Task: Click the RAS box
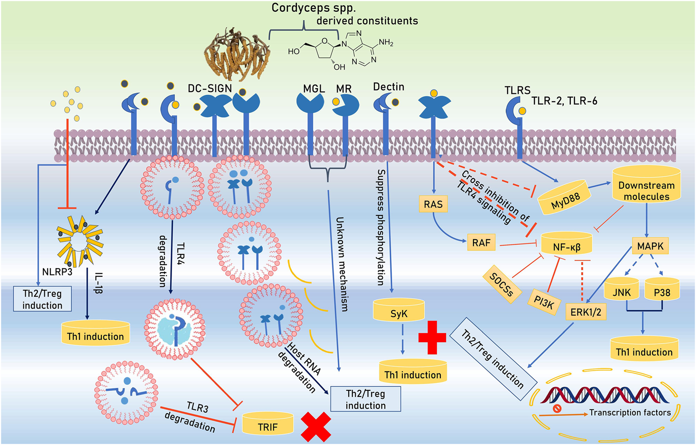tap(433, 204)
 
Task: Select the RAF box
tap(481, 242)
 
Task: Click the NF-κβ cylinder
tap(567, 245)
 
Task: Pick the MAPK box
tap(650, 246)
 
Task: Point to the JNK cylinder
tap(621, 291)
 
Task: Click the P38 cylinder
tap(662, 291)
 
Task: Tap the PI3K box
tap(544, 303)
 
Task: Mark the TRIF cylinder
tap(268, 425)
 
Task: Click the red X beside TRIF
tap(316, 427)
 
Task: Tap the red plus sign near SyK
tap(432, 337)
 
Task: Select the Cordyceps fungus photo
tap(236, 54)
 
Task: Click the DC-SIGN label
tap(210, 88)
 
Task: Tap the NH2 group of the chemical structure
tap(386, 42)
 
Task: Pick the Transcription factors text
tap(630, 412)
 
